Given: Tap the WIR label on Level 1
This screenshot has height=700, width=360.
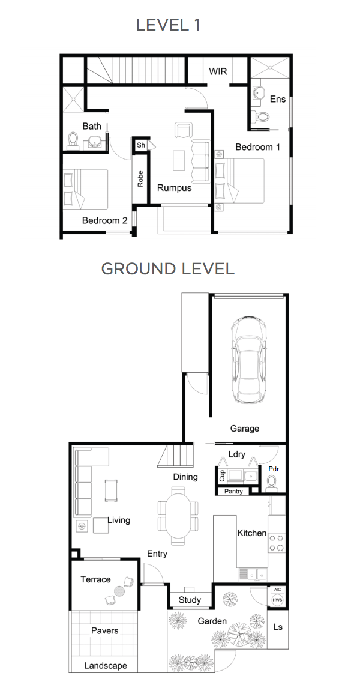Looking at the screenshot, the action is point(218,72).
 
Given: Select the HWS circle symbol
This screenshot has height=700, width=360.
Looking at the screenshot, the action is point(277,600).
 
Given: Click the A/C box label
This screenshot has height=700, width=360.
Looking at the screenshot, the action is point(277,590).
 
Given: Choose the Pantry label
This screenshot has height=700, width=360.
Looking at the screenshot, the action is point(234,492).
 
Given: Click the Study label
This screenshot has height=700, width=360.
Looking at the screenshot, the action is point(190,600).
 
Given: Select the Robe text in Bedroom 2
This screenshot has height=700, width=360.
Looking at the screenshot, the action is point(140,178).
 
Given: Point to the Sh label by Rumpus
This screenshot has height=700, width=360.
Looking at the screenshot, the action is point(141,145).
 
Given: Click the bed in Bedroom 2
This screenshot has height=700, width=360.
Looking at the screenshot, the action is point(85,189).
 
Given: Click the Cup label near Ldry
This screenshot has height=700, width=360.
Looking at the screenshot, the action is point(222,476).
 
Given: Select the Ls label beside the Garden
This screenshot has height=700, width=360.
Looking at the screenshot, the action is point(277,627).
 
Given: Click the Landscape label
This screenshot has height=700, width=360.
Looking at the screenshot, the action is point(106,666).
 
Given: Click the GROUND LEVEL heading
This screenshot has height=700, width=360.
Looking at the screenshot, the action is point(168,268).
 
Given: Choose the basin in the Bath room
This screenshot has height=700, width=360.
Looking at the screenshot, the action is point(94,142).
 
